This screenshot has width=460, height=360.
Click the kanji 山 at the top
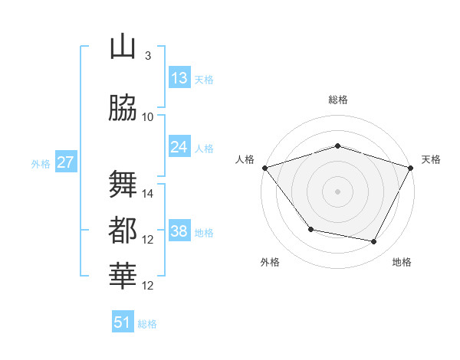pyautogui.click(x=123, y=47)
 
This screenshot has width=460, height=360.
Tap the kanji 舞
pyautogui.click(x=123, y=185)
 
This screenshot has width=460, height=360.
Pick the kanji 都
pyautogui.click(x=123, y=231)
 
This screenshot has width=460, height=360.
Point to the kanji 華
pyautogui.click(x=123, y=275)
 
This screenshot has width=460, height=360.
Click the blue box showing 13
pyautogui.click(x=179, y=78)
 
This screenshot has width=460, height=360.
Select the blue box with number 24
pyautogui.click(x=179, y=147)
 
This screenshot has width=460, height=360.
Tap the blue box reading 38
pyautogui.click(x=179, y=231)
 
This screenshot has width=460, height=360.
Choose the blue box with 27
pyautogui.click(x=65, y=162)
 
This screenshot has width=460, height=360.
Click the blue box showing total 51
pyautogui.click(x=123, y=322)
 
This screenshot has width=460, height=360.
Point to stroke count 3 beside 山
pyautogui.click(x=148, y=56)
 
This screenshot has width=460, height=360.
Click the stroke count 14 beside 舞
pyautogui.click(x=148, y=194)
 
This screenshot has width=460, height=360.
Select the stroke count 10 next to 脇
pyautogui.click(x=148, y=117)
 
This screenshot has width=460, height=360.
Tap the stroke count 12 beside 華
pyautogui.click(x=148, y=286)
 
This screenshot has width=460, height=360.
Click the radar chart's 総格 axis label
pyautogui.click(x=338, y=100)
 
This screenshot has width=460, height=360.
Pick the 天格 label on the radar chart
pyautogui.click(x=432, y=159)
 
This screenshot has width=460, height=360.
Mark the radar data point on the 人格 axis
pyautogui.click(x=264, y=168)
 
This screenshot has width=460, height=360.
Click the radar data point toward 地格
pyautogui.click(x=374, y=242)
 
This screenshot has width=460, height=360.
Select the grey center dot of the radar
pyautogui.click(x=338, y=191)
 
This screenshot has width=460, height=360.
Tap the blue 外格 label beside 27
pyautogui.click(x=40, y=163)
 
